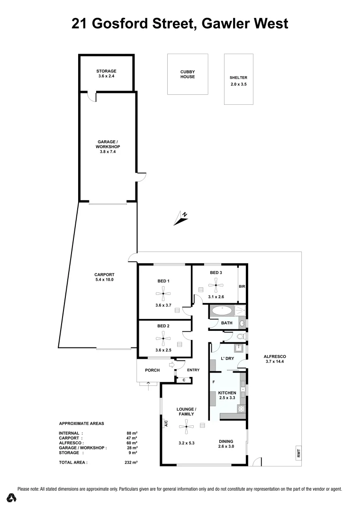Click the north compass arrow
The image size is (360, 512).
181,218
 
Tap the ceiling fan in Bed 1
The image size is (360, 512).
163,293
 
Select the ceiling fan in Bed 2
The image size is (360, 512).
163,338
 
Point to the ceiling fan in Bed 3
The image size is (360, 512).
216,286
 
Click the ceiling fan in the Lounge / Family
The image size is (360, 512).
186,427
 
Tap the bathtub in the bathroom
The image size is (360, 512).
221,311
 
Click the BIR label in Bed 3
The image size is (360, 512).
242,286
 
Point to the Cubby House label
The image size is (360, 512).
187,74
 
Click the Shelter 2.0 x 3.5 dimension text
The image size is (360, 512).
238,84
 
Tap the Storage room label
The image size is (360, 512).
106,71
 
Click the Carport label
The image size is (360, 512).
104,274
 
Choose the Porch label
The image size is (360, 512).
152,370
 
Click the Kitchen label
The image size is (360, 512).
226,393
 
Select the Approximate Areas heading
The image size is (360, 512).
81,423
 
